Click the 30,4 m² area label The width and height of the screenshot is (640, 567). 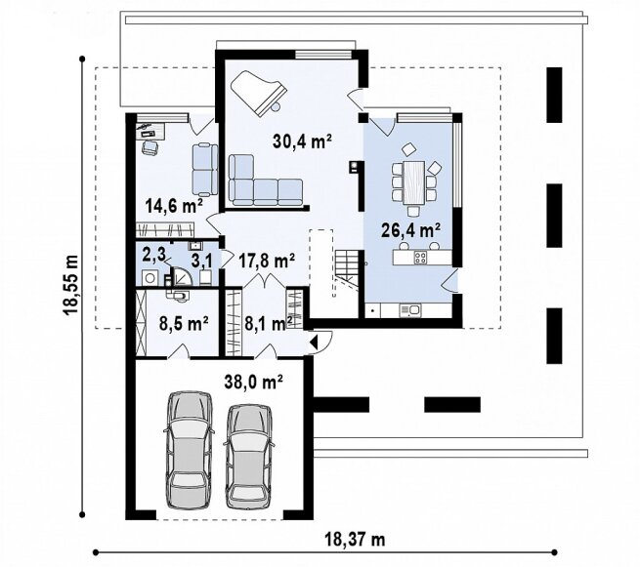[x=302, y=142]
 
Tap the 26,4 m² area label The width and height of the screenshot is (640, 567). [x=410, y=230]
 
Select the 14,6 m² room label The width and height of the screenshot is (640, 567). [x=174, y=206]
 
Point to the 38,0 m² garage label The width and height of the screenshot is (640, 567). [x=253, y=383]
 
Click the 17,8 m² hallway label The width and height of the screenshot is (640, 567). [x=267, y=261]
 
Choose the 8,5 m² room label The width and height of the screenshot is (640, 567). [x=184, y=324]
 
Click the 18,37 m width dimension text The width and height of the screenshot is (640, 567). [x=355, y=540]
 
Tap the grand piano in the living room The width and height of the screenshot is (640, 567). [x=258, y=94]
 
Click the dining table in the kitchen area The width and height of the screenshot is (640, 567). [x=414, y=182]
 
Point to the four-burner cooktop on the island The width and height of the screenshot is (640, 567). [x=420, y=258]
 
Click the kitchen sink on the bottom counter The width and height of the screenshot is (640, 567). [x=410, y=310]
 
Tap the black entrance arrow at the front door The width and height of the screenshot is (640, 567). [x=314, y=342]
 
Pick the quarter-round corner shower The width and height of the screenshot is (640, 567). [x=183, y=276]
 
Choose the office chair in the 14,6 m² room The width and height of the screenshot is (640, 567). [x=149, y=147]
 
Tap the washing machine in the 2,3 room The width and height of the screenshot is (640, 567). [x=149, y=278]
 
